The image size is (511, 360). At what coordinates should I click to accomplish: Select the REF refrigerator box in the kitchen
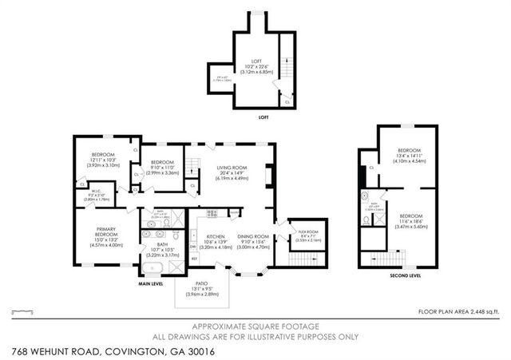point(194,259)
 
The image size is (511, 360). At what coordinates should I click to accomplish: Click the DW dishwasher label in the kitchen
point(193,246)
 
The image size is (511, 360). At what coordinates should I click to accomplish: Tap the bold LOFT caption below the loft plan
point(263,117)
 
